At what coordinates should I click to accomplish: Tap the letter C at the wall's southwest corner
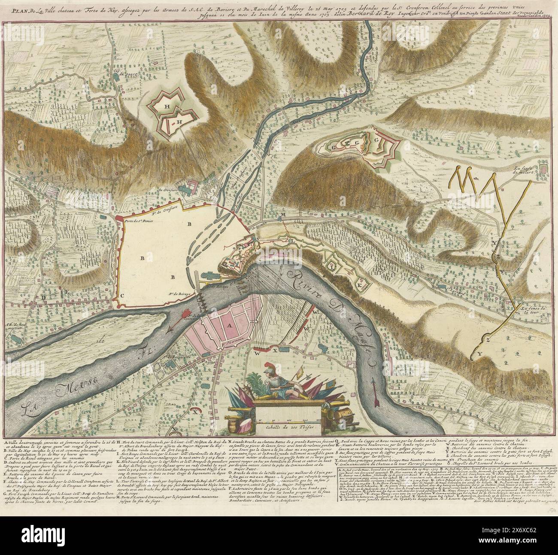[x=122, y=296]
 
